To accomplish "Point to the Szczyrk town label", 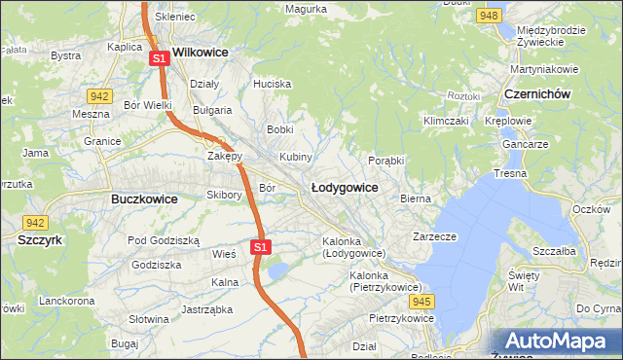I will [x=40, y=238].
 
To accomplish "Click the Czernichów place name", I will [x=536, y=93].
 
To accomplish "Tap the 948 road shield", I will [x=490, y=16].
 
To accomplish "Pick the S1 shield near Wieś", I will [x=259, y=247].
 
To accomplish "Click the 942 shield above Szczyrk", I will [x=36, y=222].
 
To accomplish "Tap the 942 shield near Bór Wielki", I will [x=97, y=95].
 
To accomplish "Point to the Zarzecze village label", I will [x=434, y=235].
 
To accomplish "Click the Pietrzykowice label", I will [x=400, y=318].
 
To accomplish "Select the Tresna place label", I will [x=510, y=173].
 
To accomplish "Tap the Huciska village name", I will [x=272, y=84].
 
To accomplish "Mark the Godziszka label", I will [x=156, y=265].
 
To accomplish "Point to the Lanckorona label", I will [x=65, y=301].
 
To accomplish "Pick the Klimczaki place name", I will [x=445, y=121].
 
